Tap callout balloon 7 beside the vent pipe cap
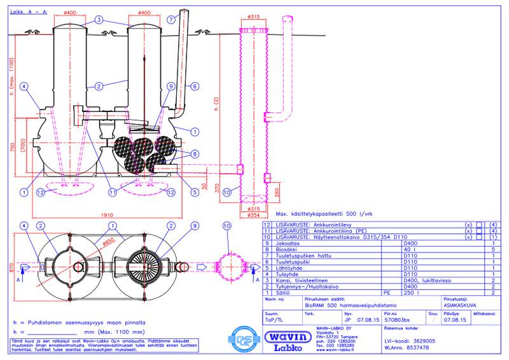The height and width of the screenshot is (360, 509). (x=171, y=18)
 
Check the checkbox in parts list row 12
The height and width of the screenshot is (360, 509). (x=479, y=225)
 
